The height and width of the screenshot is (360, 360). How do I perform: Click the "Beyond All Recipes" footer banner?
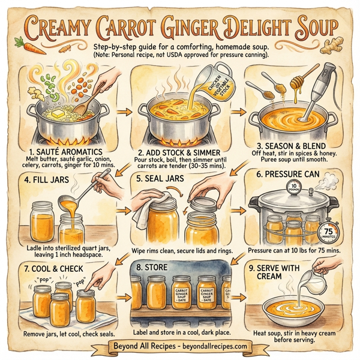[x=180, y=347]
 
